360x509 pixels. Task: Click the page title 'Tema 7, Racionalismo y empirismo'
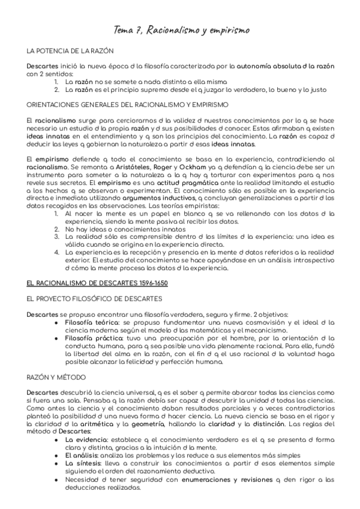tap(182, 29)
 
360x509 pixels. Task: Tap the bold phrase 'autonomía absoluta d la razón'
tap(286, 65)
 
